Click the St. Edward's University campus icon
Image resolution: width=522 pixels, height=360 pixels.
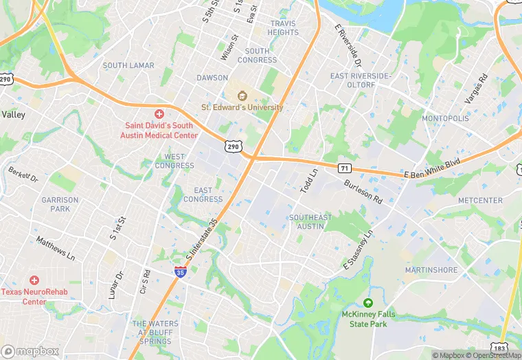[x=242, y=96]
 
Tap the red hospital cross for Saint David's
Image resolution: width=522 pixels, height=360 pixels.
[x=159, y=113]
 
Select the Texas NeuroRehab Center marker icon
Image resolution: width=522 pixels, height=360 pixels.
[x=34, y=280]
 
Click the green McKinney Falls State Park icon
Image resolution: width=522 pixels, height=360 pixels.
[x=368, y=303]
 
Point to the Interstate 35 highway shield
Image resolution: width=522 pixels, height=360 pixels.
[x=180, y=272]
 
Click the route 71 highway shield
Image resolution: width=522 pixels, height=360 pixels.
[x=345, y=168]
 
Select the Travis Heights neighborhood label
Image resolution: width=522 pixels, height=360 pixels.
[x=283, y=27]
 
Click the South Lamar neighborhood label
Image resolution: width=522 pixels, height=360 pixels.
[x=128, y=65]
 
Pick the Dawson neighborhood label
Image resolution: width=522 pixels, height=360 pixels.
[x=212, y=78]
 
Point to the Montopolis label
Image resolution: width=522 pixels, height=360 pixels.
[x=445, y=118]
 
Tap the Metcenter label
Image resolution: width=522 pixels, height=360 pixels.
[x=480, y=200]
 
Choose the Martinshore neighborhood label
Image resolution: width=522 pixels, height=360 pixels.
[x=431, y=270]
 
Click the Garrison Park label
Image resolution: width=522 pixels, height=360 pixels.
[x=60, y=204]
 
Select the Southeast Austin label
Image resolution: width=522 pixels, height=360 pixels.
[x=310, y=222]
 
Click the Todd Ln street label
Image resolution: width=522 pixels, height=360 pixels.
[x=309, y=181]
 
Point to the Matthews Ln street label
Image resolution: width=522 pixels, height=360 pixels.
[x=56, y=249]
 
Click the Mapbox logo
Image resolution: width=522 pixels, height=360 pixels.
[x=30, y=351]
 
